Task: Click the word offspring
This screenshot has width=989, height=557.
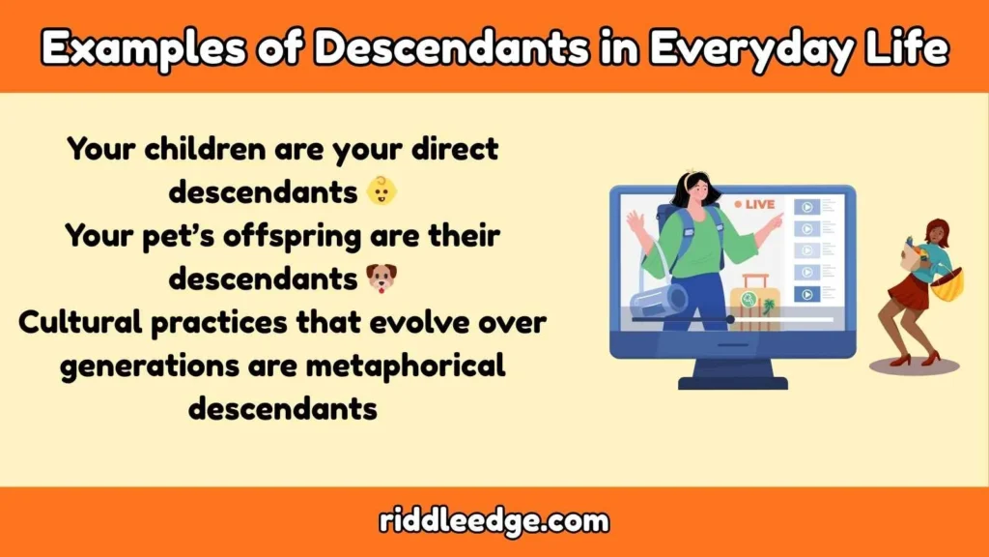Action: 347,236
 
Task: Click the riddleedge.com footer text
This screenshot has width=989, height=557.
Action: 494,522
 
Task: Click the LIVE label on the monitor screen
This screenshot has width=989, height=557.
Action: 758,205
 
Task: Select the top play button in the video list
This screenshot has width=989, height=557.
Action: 805,207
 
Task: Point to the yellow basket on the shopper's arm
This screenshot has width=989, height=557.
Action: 947,285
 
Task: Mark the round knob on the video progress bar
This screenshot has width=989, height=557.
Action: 730,319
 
